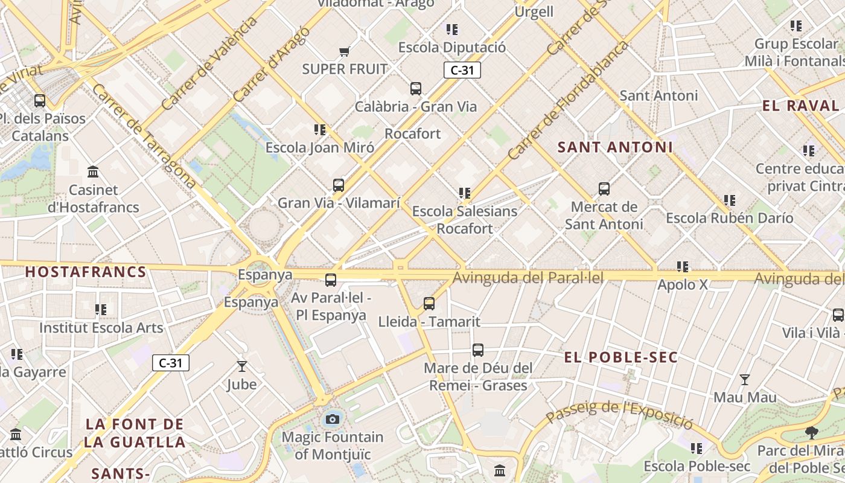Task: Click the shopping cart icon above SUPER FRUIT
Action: pos(344,52)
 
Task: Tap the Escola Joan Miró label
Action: pos(319,147)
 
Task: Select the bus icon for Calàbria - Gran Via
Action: pos(416,89)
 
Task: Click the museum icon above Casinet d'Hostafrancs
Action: pos(93,172)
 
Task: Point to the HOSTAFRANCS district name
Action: pos(86,272)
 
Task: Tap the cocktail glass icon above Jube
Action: pos(242,366)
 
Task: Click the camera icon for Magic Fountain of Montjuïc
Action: pos(332,419)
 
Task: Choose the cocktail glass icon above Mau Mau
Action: pos(745,380)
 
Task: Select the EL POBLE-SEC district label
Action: pos(621,357)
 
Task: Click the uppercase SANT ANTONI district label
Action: pos(615,147)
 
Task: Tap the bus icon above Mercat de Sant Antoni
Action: pos(604,189)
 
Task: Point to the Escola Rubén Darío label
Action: pos(730,218)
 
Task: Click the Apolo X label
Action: pos(682,284)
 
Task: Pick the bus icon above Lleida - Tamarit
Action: pos(429,304)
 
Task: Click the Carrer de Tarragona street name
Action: pos(144,136)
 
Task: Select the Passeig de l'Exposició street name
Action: pos(619,414)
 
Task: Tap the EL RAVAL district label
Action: pos(800,106)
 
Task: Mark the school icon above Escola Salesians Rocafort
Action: pos(464,193)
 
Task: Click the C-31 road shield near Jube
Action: pos(171,363)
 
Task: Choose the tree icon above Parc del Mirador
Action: pos(812,432)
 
